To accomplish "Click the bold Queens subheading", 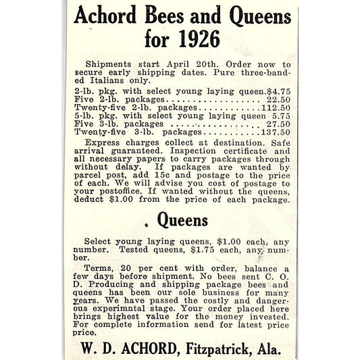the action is click(182, 220).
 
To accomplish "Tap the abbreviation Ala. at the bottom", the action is click(266, 349).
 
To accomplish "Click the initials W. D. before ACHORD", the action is click(95, 349).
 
